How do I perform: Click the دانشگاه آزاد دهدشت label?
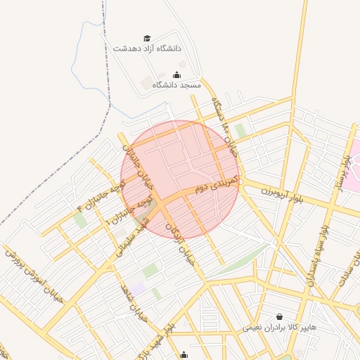point(147,49)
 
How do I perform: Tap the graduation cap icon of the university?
point(147,38)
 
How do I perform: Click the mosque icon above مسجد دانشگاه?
point(176,74)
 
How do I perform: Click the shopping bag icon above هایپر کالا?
point(280,317)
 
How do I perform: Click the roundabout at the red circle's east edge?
point(240,181)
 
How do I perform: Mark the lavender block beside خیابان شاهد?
point(138,288)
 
